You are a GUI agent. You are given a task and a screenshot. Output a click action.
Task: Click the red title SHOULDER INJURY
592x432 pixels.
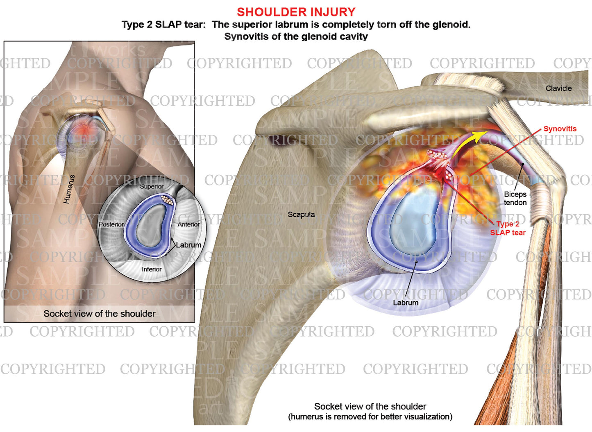pyautogui.click(x=296, y=12)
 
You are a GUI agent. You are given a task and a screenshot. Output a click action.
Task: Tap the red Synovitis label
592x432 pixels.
pyautogui.click(x=560, y=129)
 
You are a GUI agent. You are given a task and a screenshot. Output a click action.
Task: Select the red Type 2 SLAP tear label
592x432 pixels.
pyautogui.click(x=508, y=228)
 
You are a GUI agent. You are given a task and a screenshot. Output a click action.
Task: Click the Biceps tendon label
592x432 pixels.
pyautogui.click(x=515, y=199)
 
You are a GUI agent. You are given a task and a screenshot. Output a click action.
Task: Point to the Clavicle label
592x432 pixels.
pyautogui.click(x=558, y=88)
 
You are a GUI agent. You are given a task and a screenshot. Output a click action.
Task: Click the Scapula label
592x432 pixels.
pyautogui.click(x=301, y=214)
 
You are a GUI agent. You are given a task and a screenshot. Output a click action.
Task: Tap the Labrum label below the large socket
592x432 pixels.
pyautogui.click(x=406, y=303)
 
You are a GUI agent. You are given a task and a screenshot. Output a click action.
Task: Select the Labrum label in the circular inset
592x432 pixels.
pyautogui.click(x=188, y=245)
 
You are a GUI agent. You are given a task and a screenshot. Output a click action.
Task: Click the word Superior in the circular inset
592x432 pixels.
pyautogui.click(x=152, y=186)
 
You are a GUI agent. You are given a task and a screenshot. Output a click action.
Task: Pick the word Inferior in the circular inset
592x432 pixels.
pyautogui.click(x=152, y=269)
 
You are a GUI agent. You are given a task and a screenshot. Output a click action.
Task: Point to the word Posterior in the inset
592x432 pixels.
pyautogui.click(x=111, y=224)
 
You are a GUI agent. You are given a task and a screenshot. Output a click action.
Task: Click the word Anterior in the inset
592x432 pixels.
pyautogui.click(x=188, y=224)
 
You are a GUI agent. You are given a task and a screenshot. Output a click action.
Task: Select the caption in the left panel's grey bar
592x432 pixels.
pyautogui.click(x=100, y=314)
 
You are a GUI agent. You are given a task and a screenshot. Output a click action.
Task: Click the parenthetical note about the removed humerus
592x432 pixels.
pyautogui.click(x=370, y=417)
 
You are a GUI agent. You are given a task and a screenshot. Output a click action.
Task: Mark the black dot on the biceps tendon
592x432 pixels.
pyautogui.click(x=522, y=164)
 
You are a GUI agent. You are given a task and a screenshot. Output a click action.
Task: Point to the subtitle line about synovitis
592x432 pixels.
pyautogui.click(x=296, y=36)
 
